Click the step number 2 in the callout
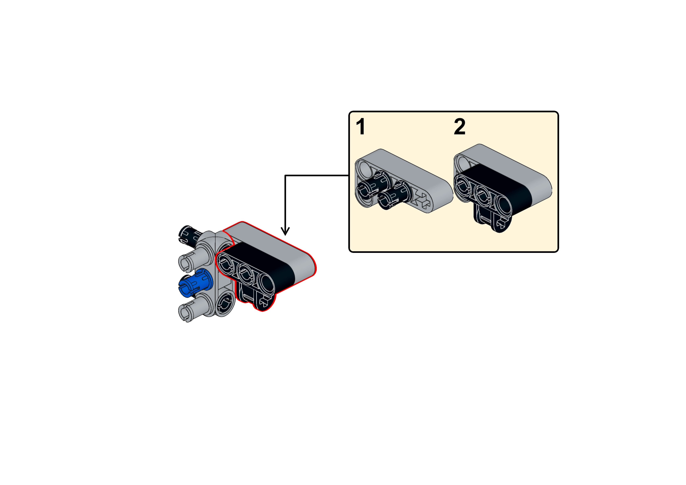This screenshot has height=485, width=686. [x=460, y=127]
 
